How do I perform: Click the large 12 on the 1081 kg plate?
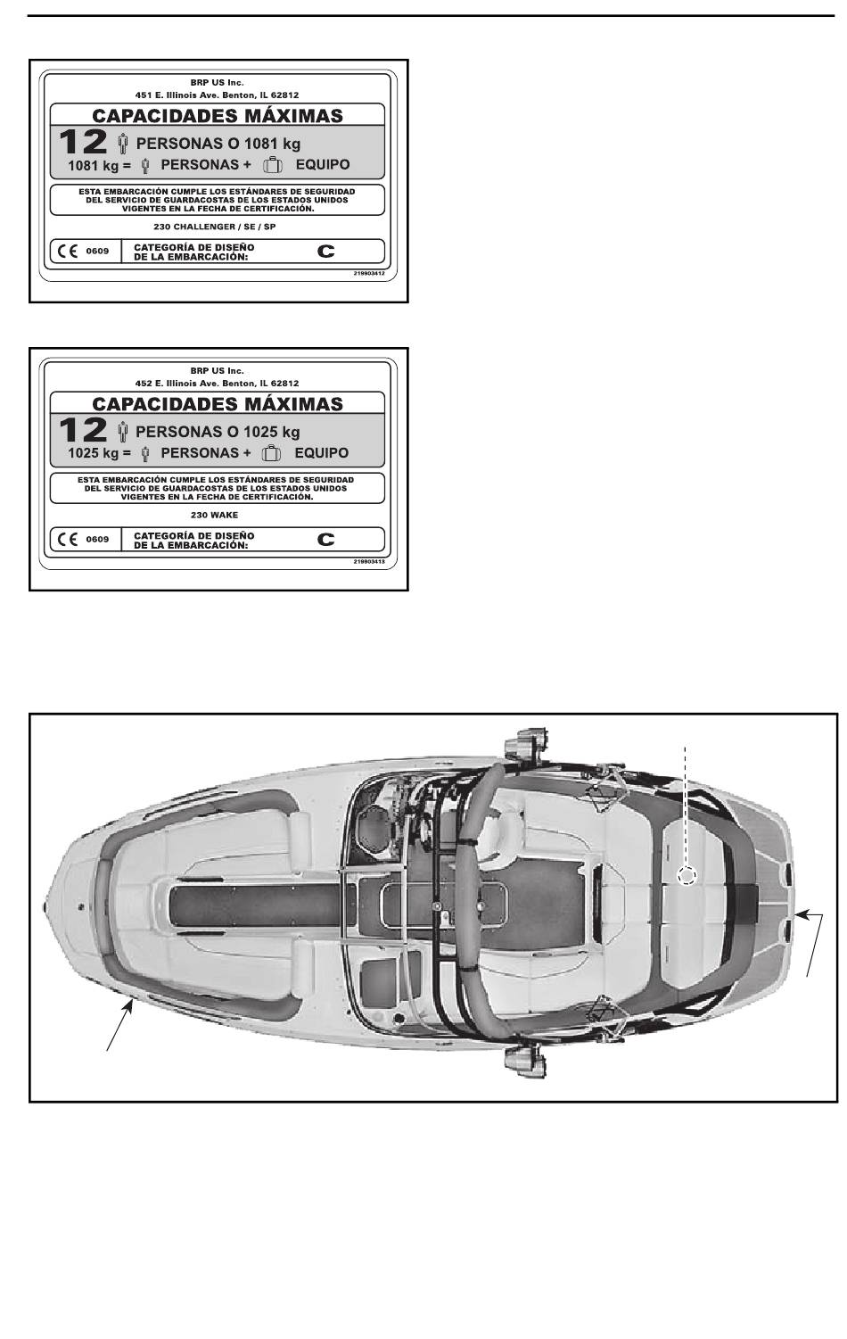[83, 143]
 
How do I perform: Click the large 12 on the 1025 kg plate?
[83, 431]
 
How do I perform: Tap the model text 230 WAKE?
[215, 515]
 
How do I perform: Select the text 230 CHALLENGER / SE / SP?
[215, 227]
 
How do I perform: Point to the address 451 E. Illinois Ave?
[217, 95]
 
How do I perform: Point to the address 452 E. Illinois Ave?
[217, 383]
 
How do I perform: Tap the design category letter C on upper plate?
[326, 252]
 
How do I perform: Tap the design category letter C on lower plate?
[326, 540]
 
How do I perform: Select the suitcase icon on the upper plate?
[273, 165]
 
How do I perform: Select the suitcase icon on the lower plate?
[273, 453]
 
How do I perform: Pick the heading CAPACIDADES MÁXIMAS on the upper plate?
[218, 116]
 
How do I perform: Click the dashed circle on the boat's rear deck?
[686, 876]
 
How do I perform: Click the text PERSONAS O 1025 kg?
[218, 432]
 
